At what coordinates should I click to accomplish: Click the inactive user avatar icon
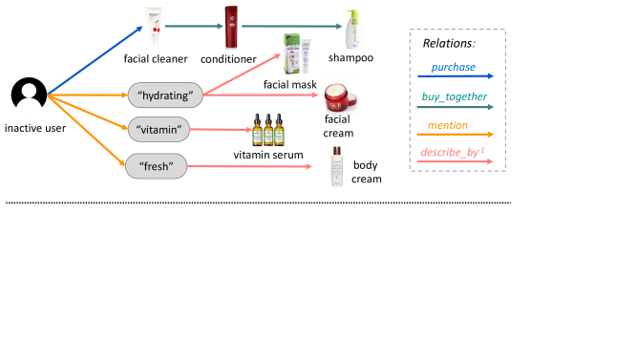pos(29,95)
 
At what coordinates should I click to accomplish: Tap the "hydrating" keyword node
pos(165,95)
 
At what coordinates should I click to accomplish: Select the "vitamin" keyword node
pos(159,128)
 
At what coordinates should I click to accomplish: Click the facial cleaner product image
pos(154,27)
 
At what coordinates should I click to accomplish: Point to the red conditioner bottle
pos(230,27)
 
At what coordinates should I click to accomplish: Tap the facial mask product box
pos(296,56)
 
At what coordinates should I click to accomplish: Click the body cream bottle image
pos(337,166)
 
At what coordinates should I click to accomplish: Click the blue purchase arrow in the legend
pos(456,74)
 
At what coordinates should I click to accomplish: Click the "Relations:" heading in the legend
pos(449,43)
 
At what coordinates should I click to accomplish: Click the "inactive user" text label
pos(35,128)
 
